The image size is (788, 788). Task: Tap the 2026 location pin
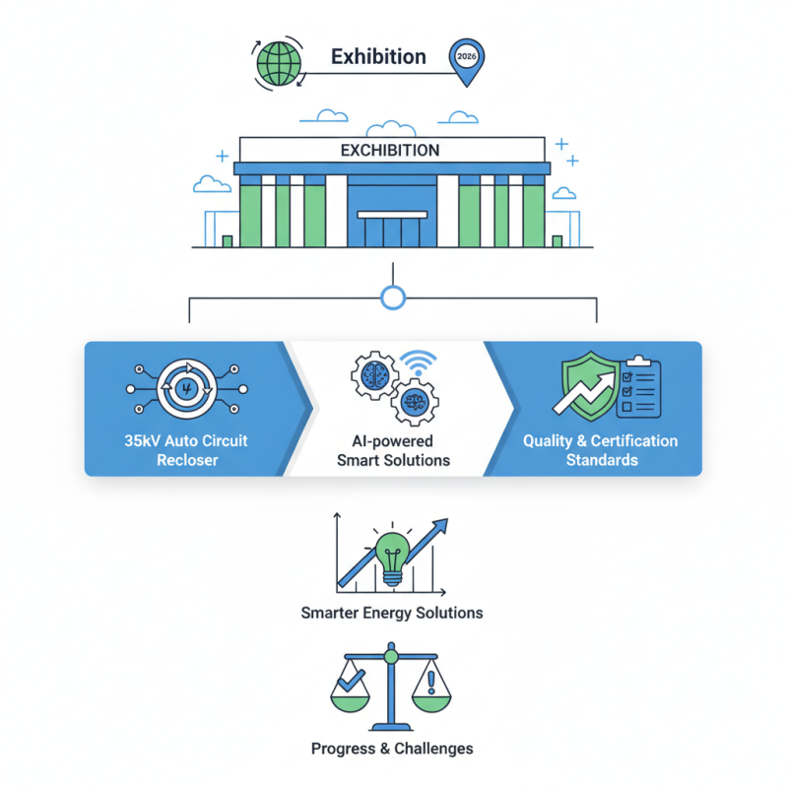(466, 60)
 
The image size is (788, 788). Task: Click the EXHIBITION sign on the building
(390, 151)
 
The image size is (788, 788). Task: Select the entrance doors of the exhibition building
(392, 231)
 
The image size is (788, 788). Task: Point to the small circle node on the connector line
(393, 297)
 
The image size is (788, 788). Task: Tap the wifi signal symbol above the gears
(420, 361)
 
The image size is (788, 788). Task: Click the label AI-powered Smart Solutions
(393, 451)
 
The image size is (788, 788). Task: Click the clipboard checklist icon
(636, 386)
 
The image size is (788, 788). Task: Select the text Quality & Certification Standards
(601, 450)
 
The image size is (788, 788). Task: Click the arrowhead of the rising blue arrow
(440, 525)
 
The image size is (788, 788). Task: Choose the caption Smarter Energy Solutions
(392, 613)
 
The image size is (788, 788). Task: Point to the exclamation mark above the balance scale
(431, 679)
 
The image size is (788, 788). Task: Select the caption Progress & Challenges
(392, 749)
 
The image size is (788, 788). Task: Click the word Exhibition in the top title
(378, 57)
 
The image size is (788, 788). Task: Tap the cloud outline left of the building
(213, 183)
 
